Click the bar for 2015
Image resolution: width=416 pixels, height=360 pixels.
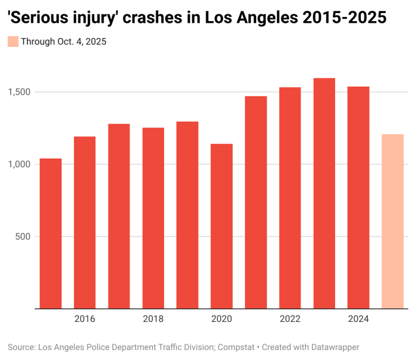(x=50, y=234)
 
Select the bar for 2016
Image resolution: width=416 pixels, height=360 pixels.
(x=84, y=222)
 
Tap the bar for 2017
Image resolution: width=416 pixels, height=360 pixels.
(x=119, y=216)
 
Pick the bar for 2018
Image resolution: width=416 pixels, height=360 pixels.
(x=153, y=218)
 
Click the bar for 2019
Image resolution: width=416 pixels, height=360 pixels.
(x=187, y=215)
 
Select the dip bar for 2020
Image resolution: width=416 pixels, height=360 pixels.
(x=221, y=226)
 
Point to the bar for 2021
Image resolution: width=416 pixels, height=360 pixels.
(x=256, y=202)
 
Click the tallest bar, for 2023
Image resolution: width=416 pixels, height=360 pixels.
(x=324, y=193)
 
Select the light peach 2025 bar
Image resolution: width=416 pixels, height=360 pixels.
(x=393, y=221)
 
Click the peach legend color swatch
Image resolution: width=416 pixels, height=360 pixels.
(x=13, y=41)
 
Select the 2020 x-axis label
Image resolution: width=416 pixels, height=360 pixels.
(x=221, y=319)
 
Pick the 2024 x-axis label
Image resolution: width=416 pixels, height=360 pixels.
(x=359, y=319)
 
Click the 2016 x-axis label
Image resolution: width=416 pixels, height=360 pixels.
(x=84, y=319)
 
